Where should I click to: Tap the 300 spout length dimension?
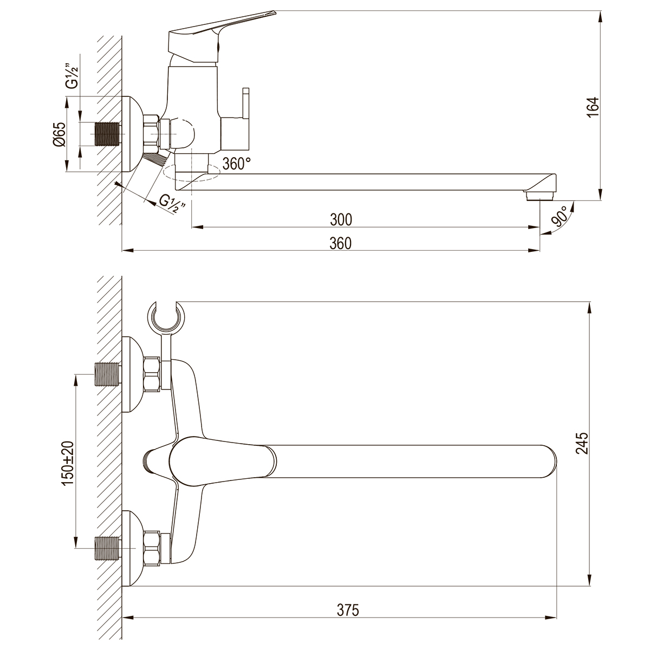coord(341,220)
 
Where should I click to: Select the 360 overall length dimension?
coord(340,244)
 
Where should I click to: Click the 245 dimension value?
coord(582,443)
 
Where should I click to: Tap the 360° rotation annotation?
coord(237,164)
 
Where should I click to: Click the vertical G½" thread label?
coord(73,76)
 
